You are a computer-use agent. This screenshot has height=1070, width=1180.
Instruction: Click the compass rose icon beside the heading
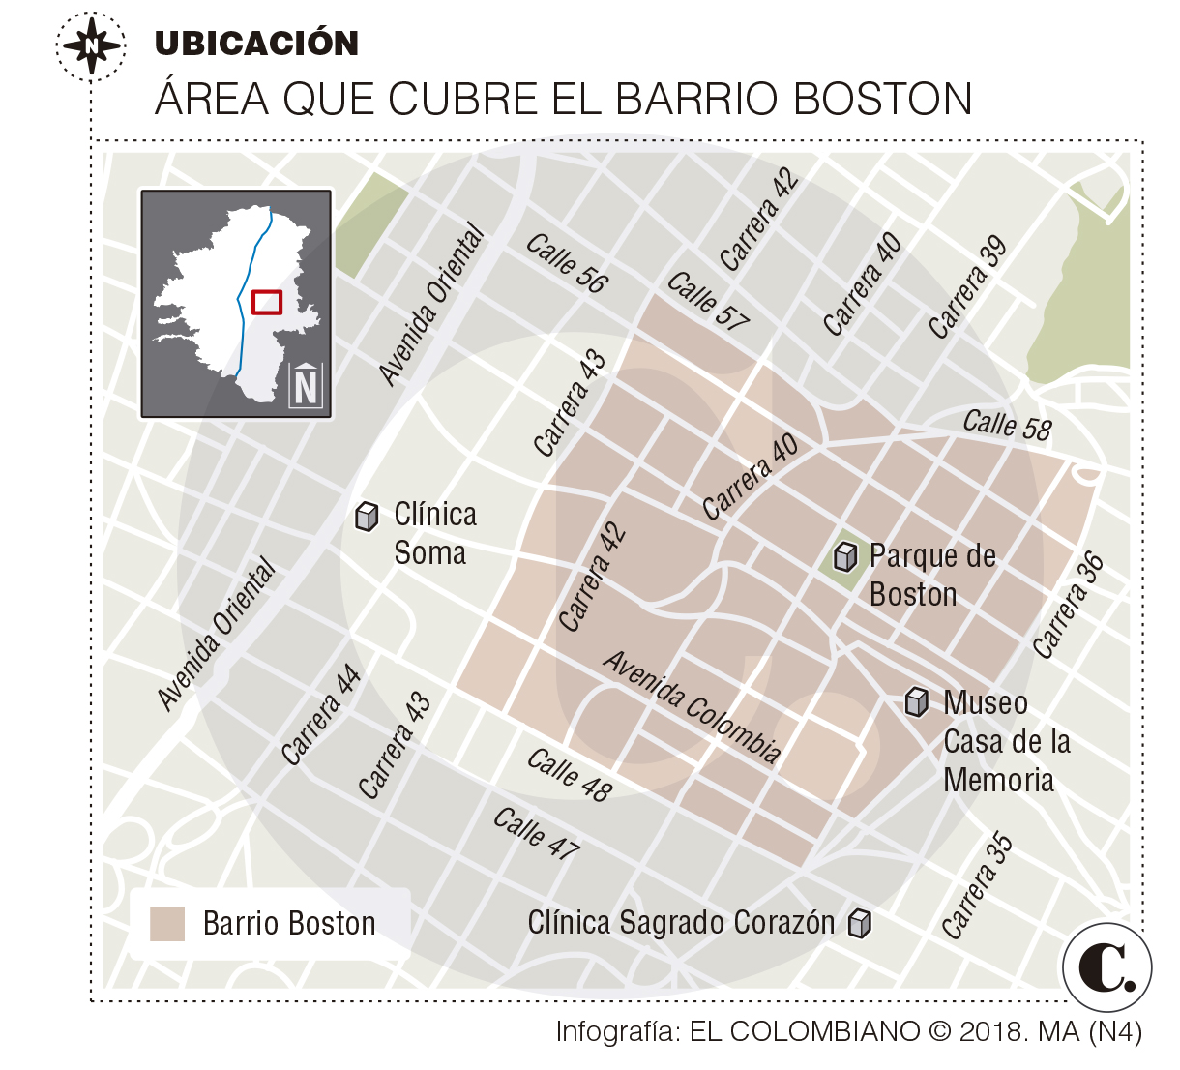[90, 45]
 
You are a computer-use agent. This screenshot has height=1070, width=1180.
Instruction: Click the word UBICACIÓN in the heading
[256, 44]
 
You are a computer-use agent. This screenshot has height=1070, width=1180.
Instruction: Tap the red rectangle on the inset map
[266, 302]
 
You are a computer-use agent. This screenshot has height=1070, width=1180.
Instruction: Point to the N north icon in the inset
[306, 386]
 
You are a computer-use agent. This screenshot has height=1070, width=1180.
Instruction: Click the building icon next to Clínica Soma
[367, 517]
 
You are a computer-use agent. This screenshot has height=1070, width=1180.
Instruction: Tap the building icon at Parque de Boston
[845, 557]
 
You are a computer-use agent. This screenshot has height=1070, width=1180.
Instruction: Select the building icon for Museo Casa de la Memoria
[917, 702]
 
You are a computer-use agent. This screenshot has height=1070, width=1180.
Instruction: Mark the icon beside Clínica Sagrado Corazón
[859, 924]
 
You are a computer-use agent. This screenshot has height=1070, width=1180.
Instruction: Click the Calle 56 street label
[567, 263]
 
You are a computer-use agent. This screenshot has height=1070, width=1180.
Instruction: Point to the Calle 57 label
[708, 302]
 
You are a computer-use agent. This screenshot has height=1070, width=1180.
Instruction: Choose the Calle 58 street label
[1006, 426]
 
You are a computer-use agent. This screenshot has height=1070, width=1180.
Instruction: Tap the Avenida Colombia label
[693, 707]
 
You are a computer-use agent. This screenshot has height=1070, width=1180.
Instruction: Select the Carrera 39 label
[967, 288]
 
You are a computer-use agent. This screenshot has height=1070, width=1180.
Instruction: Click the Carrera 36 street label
[1068, 606]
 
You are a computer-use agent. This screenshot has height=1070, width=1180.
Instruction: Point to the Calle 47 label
[536, 834]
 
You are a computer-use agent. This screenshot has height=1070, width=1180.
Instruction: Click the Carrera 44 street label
[321, 716]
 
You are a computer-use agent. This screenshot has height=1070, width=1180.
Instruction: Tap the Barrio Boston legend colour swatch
[167, 924]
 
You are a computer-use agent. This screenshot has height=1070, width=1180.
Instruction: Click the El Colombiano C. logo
[1107, 966]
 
